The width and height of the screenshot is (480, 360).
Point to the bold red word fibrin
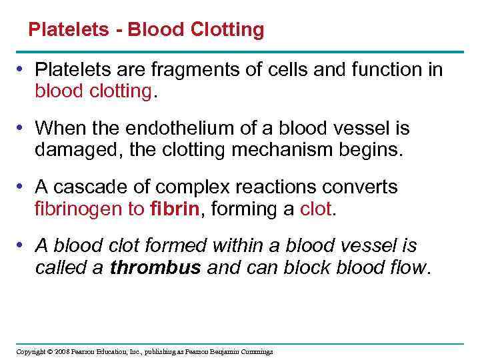point(175,209)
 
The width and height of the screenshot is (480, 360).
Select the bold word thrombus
point(156,268)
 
